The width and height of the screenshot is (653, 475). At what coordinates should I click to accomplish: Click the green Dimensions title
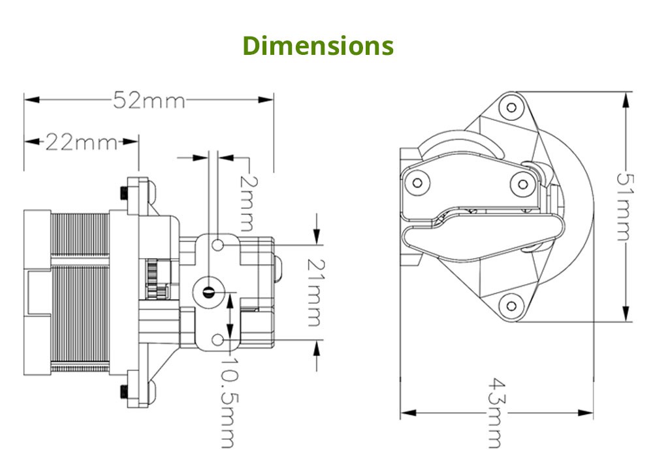(x=318, y=46)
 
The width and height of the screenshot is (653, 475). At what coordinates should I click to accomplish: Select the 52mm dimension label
(x=149, y=100)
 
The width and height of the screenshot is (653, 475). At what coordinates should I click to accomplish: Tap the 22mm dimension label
(x=81, y=141)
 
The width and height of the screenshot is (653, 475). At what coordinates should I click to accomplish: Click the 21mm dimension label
(x=314, y=292)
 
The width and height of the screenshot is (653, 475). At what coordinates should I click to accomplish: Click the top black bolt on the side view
(x=124, y=193)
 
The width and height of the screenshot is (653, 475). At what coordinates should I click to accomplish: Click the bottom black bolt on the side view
(x=124, y=393)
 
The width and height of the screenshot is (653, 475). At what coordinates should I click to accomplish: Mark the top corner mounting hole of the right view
(x=511, y=106)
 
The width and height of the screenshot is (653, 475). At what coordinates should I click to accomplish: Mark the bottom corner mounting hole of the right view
(x=511, y=303)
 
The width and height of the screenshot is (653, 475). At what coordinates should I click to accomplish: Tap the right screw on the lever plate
(x=522, y=184)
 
